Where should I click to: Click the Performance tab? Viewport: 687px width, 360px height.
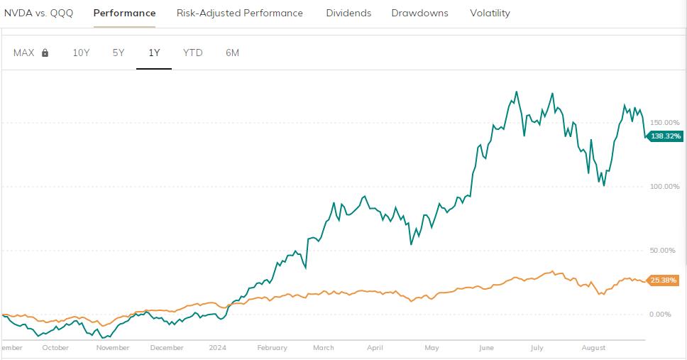pos(124,13)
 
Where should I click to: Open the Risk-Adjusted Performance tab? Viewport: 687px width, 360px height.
pos(240,13)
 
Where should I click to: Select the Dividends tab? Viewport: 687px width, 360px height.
pos(348,13)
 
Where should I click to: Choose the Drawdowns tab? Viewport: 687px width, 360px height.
pos(419,13)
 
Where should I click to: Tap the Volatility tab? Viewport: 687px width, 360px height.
pos(490,13)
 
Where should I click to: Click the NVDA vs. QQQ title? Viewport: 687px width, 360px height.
pos(38,13)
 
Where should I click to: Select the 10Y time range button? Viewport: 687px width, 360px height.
pos(81,53)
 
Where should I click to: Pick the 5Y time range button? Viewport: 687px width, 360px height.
pos(119,53)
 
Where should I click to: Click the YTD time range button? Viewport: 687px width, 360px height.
pos(192,53)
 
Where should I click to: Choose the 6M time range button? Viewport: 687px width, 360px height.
pos(232,53)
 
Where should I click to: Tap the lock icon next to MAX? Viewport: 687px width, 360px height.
pos(45,53)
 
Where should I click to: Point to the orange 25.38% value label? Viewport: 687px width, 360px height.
pos(665,280)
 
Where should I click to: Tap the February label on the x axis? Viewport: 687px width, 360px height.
pos(272,348)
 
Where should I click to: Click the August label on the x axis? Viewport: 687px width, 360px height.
pos(593,348)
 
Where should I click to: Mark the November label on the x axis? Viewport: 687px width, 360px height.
pos(113,348)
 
